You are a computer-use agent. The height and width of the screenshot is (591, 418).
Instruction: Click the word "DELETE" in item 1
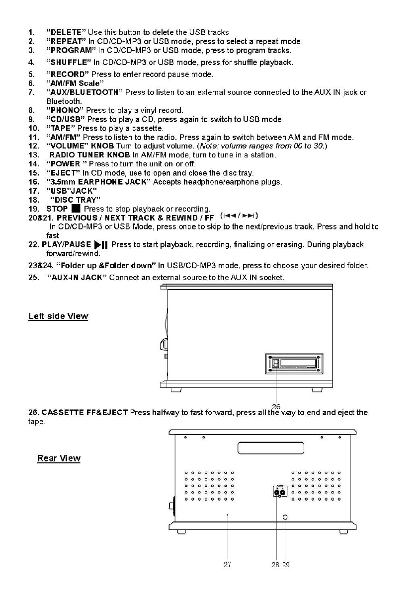click(x=67, y=32)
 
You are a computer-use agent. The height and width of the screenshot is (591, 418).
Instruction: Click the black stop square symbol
click(x=76, y=209)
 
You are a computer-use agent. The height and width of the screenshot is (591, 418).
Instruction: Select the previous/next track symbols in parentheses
click(x=240, y=217)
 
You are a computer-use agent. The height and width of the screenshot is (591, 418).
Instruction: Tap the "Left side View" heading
click(x=58, y=316)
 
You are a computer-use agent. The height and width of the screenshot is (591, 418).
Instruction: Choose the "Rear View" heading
click(x=59, y=458)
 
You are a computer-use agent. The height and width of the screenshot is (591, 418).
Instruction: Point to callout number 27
click(x=227, y=564)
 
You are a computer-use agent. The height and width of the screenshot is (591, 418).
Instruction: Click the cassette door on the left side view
click(x=294, y=364)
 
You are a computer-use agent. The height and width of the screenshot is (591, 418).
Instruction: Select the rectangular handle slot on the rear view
click(x=270, y=448)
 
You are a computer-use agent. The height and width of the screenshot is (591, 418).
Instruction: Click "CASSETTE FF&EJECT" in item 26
click(x=85, y=413)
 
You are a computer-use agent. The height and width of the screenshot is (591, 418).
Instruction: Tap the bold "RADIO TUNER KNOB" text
click(x=89, y=155)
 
